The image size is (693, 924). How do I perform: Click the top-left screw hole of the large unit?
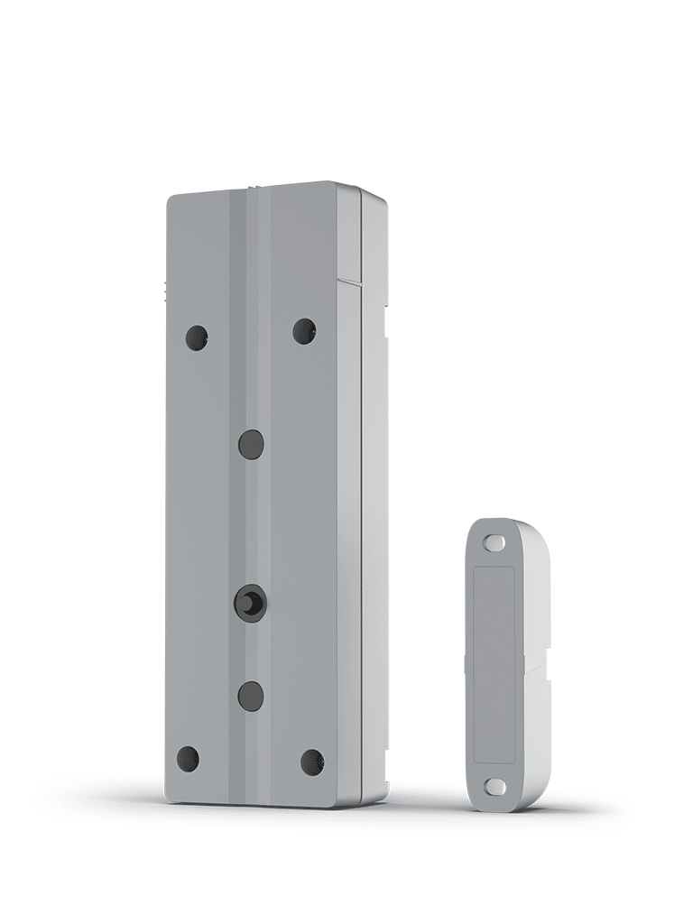coord(197,337)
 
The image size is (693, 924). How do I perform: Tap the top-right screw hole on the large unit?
coord(304,331)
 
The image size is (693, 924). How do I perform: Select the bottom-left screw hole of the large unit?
coord(189,759)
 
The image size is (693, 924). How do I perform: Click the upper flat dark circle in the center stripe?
coord(251,444)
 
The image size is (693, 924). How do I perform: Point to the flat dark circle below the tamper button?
coord(251,696)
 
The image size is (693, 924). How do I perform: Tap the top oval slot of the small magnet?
coord(494,543)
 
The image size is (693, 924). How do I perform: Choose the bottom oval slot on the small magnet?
coord(495,787)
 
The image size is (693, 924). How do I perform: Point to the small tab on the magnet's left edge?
coord(465,665)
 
